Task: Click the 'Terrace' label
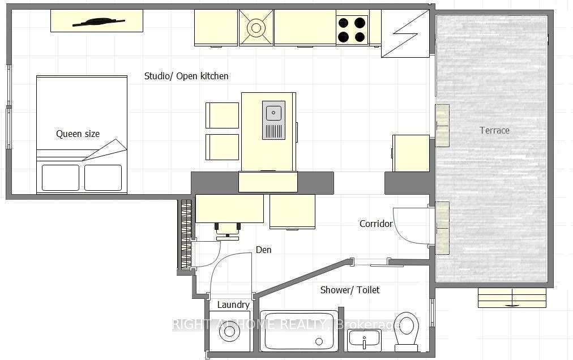click(x=494, y=130)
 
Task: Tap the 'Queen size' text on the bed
click(x=78, y=134)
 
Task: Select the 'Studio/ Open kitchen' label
click(x=186, y=76)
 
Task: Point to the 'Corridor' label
click(x=376, y=224)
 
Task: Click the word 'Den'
click(x=263, y=250)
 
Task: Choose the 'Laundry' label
click(x=233, y=305)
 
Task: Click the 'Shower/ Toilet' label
click(x=350, y=290)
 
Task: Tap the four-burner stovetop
click(x=352, y=30)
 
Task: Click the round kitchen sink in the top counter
click(x=256, y=28)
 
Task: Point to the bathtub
click(x=298, y=331)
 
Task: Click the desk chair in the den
click(x=228, y=231)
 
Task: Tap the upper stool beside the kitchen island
click(x=222, y=115)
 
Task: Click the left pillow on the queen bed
click(x=61, y=178)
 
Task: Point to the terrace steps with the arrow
click(x=512, y=298)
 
